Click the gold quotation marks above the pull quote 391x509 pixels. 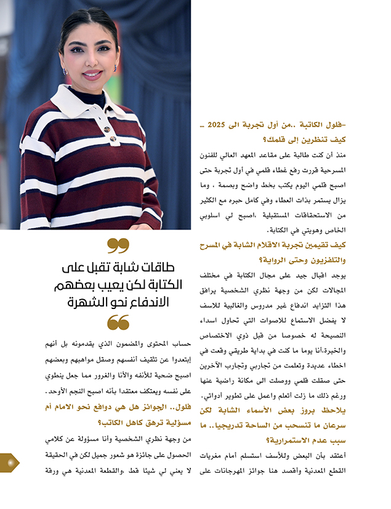(118, 246)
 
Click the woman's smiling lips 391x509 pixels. (93, 75)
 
